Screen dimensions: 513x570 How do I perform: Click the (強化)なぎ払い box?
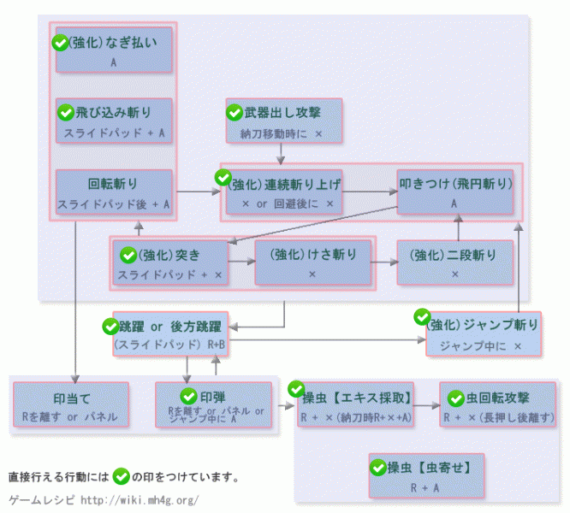114,50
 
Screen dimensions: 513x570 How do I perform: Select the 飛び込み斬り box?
114,121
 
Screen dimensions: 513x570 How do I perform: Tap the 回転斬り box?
114,192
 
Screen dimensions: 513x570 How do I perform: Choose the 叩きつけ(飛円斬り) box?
454,192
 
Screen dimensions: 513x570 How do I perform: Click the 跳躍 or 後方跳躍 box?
170,333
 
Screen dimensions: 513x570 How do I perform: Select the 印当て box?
71,404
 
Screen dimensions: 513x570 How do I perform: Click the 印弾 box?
213,404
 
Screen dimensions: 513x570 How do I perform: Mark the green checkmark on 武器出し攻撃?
235,111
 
